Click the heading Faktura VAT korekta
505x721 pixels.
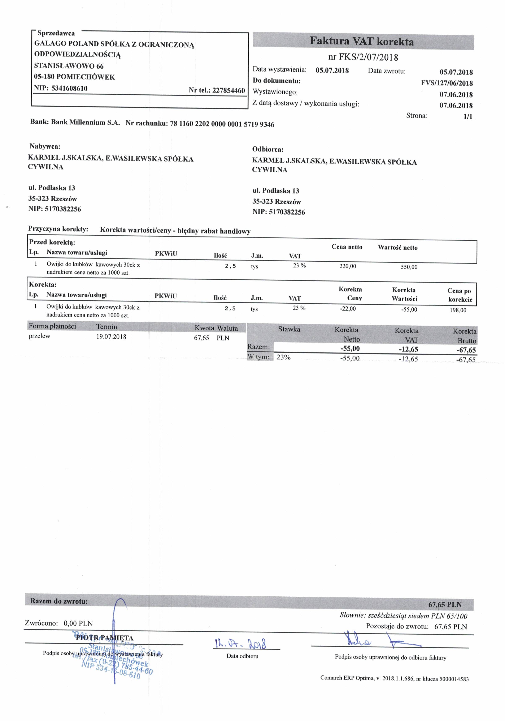pos(362,42)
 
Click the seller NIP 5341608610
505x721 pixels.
pos(69,88)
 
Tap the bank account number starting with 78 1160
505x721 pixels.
pos(222,124)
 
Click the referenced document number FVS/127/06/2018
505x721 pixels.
pos(447,83)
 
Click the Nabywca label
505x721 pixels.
pos(45,146)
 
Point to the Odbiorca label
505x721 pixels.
pos(268,150)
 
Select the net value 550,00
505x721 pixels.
pos(409,267)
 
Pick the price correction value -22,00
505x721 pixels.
pos(348,309)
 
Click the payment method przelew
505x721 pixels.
pos(40,336)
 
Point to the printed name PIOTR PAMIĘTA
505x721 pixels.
pos(105,638)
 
